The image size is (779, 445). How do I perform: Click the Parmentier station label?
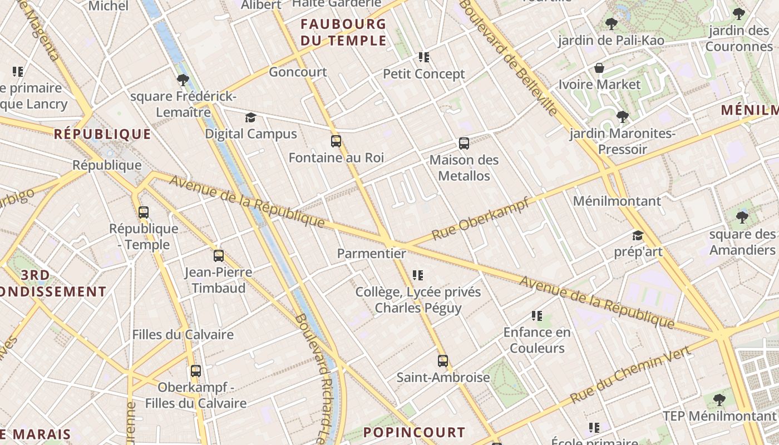[x=371, y=254]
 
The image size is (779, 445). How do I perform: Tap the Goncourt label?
[x=298, y=72]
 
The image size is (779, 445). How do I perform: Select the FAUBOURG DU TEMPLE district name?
[x=343, y=32]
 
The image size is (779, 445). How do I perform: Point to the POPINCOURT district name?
[x=414, y=432]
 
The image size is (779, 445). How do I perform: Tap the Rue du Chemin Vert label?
[x=631, y=374]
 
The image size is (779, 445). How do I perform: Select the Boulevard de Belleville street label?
[x=509, y=57]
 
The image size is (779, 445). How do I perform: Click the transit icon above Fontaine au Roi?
[x=336, y=141]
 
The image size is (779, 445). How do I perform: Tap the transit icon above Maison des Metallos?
[x=464, y=144]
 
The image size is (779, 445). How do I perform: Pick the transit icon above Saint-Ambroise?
[x=442, y=361]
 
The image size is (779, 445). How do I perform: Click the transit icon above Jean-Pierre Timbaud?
[x=219, y=256]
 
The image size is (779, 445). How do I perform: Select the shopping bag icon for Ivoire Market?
[x=599, y=68]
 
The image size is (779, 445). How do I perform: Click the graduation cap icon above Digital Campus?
[x=250, y=118]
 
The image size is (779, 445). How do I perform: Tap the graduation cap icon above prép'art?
[x=638, y=236]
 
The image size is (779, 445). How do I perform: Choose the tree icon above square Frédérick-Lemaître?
[x=183, y=80]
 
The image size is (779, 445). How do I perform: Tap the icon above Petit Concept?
[x=424, y=57]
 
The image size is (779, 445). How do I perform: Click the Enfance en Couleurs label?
[x=537, y=340]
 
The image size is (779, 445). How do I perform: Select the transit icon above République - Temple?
[x=144, y=212]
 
